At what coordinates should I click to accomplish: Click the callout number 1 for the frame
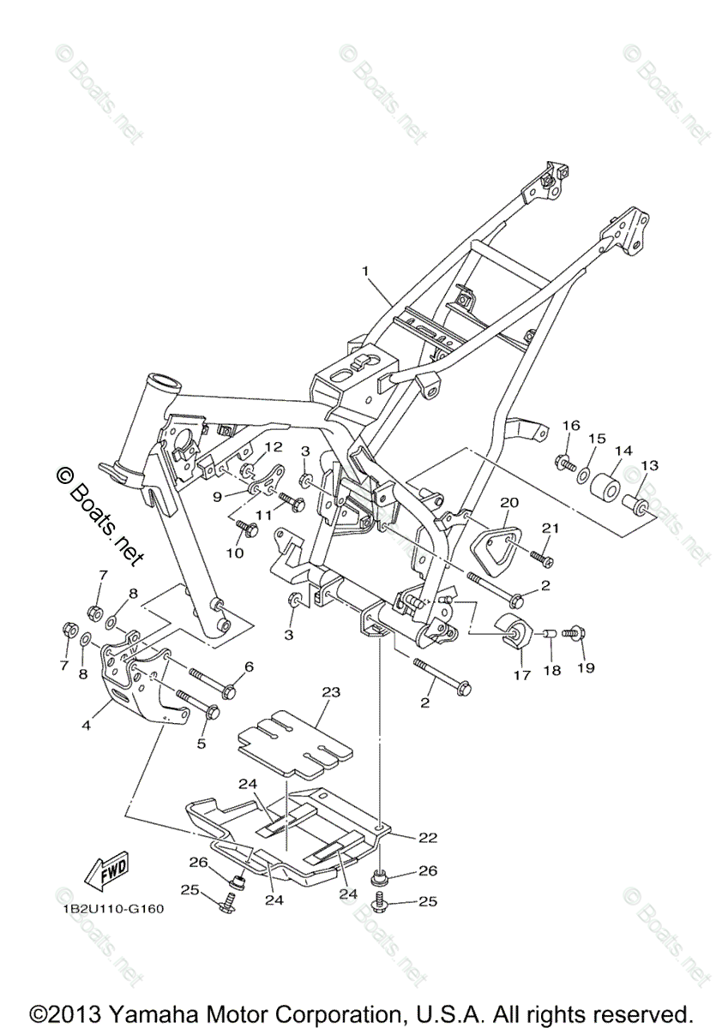click(x=366, y=272)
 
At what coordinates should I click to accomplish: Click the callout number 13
click(x=647, y=465)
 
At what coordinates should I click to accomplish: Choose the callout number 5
click(x=202, y=744)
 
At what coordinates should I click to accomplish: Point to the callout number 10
click(x=234, y=553)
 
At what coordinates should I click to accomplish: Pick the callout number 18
click(x=551, y=671)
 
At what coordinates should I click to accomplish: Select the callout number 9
click(x=217, y=496)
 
